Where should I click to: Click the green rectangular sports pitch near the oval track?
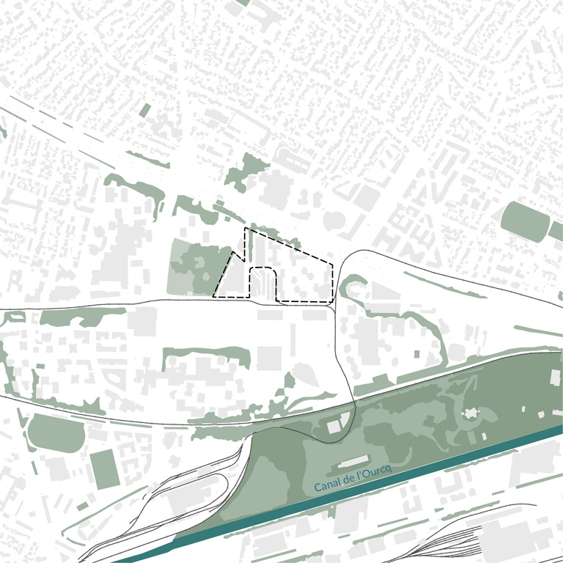(x=106, y=468)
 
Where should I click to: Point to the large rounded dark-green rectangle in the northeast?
(x=524, y=221)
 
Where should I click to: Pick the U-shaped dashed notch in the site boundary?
(x=262, y=282)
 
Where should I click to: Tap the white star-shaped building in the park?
(x=469, y=416)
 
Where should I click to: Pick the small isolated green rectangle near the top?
(x=145, y=110)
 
